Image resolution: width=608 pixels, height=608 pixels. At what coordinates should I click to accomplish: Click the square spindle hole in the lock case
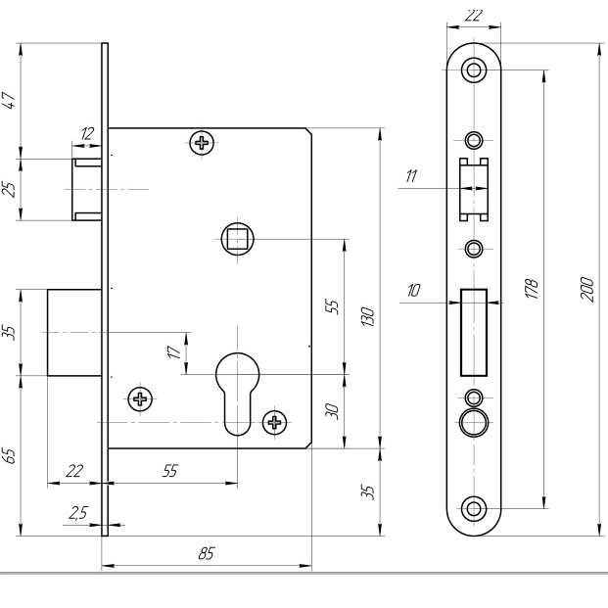pos(236,238)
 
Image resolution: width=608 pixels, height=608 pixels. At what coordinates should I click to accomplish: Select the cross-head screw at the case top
pos(202,143)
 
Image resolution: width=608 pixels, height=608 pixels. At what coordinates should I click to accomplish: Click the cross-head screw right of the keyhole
pos(274,423)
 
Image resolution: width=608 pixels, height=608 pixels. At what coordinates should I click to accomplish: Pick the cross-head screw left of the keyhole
pos(140,398)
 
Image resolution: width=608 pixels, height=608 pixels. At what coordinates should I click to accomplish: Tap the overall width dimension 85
pos(207,553)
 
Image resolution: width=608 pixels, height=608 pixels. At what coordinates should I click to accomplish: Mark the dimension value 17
pos(174,352)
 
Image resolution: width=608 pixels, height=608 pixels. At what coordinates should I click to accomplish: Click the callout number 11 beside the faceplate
pos(411,176)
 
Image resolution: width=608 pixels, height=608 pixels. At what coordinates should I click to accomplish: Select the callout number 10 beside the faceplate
pos(411,291)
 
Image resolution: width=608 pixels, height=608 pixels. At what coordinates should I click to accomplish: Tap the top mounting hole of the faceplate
pos(474,70)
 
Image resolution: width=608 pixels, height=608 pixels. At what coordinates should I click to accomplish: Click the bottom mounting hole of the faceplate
pos(474,507)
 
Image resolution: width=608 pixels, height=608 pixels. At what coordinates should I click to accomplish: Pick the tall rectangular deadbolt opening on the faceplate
pos(474,331)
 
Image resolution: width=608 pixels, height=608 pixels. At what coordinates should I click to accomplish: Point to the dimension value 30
pos(332,411)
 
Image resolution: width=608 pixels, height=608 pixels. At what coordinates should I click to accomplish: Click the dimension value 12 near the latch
pos(87,133)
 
